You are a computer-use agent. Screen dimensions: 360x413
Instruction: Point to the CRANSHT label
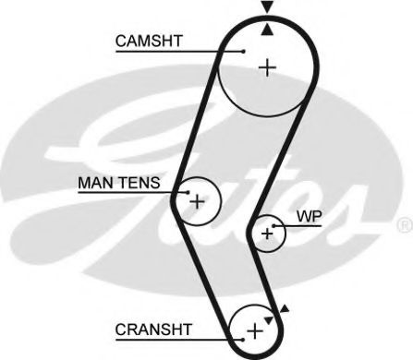153,328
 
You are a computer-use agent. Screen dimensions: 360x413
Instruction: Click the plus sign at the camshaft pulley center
267,67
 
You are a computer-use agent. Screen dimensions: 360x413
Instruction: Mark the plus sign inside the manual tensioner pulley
196,200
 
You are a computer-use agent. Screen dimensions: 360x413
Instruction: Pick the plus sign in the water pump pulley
267,234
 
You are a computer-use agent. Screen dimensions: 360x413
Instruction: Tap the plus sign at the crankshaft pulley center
254,330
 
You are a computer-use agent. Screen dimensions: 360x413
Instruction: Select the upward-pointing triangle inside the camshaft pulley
267,30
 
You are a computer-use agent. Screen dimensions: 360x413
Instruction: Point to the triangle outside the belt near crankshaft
285,309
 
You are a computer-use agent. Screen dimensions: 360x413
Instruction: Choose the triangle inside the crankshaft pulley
269,318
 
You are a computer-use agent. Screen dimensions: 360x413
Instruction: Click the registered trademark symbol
404,225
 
